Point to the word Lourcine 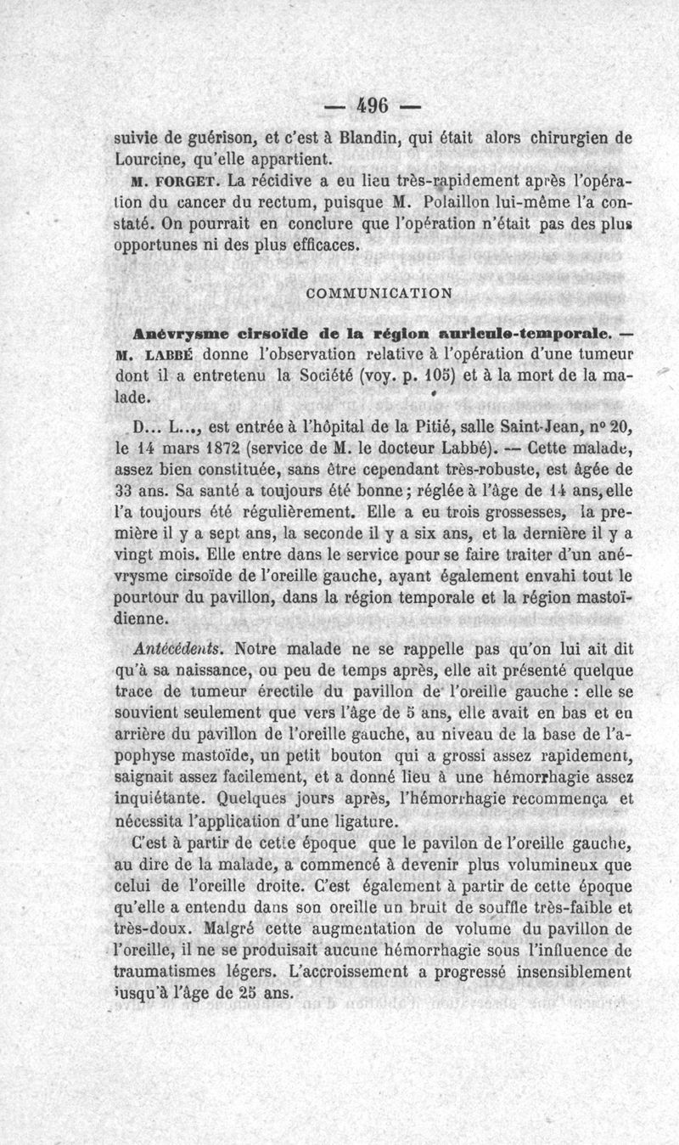pos(148,159)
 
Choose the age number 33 pos(127,493)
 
